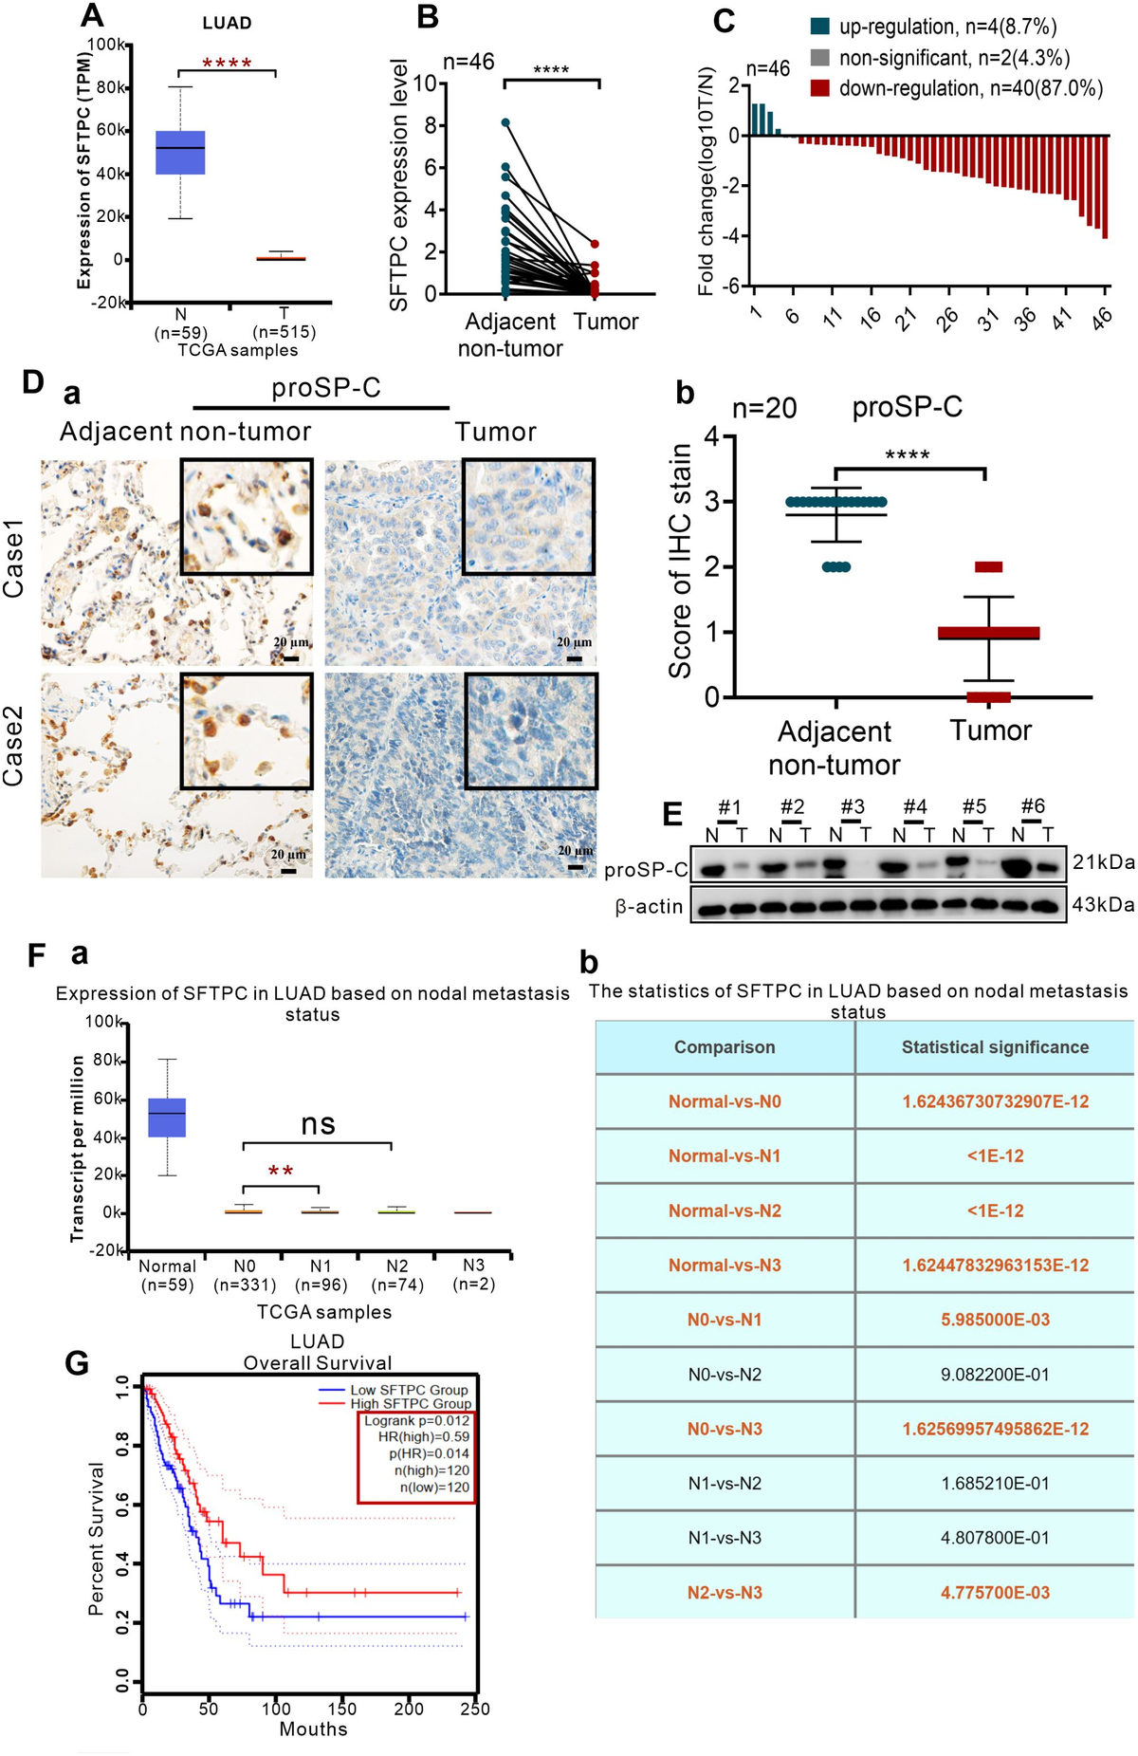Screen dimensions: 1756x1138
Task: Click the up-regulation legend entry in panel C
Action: [x=933, y=28]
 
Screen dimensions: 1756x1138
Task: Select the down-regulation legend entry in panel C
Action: [x=957, y=88]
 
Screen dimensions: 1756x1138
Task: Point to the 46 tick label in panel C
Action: [x=1100, y=319]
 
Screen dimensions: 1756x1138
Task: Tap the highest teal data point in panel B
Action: [x=505, y=122]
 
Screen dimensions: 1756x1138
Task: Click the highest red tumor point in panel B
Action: [x=595, y=245]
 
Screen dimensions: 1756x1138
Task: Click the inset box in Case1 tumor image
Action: [x=528, y=516]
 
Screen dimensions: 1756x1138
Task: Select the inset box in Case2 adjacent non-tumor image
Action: [x=246, y=730]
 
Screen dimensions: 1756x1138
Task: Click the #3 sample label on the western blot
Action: [x=852, y=806]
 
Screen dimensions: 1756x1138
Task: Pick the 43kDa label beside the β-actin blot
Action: [x=1103, y=904]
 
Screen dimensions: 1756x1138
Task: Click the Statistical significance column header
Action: [x=994, y=1047]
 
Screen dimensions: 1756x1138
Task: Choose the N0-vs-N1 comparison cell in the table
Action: [x=725, y=1320]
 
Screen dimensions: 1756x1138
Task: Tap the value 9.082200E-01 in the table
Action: [x=994, y=1374]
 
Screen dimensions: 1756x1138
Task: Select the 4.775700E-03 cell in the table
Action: [x=994, y=1592]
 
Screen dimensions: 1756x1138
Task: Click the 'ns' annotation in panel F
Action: [x=318, y=1125]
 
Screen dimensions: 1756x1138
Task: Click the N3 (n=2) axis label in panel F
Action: [x=473, y=1274]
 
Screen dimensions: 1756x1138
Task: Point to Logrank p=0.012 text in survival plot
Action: [x=416, y=1421]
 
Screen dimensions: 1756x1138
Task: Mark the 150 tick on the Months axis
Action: [x=341, y=1709]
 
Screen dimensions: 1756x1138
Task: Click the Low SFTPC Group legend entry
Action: [x=409, y=1390]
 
